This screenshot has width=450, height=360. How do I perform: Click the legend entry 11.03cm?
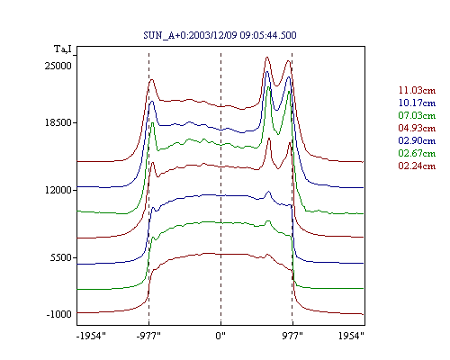417,90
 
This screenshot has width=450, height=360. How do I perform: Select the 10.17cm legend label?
417,103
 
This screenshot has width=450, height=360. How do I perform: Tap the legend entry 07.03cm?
417,115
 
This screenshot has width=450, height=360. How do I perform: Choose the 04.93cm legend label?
417,128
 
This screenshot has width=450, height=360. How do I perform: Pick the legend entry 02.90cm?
417,140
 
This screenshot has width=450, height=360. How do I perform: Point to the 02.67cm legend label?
417,153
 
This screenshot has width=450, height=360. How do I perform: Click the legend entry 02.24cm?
417,166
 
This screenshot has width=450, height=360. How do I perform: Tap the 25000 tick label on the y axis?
58,66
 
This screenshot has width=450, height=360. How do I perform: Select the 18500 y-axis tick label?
58,122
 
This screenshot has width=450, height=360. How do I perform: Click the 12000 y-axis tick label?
58,190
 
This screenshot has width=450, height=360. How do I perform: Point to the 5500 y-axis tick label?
61,257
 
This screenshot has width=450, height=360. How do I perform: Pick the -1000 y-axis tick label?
58,314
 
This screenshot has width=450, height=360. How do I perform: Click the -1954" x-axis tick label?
91,336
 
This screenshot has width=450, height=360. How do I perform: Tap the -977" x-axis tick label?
148,336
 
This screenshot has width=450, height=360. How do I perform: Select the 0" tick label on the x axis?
220,336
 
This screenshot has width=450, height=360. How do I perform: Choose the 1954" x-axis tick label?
351,336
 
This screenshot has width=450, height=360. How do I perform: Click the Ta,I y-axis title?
63,49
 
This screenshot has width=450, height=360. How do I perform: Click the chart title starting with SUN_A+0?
220,35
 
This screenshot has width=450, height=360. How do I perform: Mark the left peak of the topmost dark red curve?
152,79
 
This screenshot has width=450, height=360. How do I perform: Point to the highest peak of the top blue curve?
266,72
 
